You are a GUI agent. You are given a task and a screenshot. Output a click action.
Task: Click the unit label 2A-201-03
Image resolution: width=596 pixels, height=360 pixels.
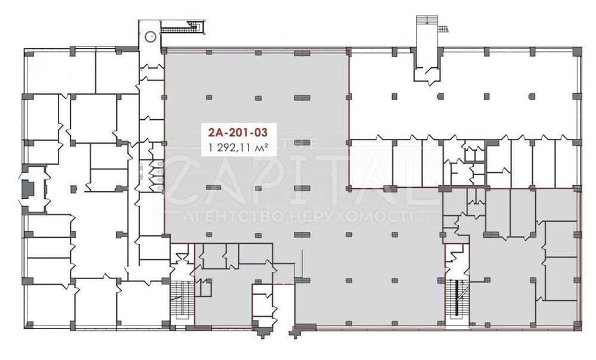coord(238,132)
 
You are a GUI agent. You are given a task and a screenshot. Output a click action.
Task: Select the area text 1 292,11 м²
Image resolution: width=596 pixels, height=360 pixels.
coord(238,147)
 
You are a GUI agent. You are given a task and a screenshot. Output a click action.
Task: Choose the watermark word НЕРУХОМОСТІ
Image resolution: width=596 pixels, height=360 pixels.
coord(351,217)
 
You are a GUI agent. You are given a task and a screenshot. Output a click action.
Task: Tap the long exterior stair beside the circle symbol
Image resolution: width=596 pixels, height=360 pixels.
coord(181,27)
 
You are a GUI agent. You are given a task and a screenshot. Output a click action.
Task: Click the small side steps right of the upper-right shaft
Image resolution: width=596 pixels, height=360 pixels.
coord(443,30)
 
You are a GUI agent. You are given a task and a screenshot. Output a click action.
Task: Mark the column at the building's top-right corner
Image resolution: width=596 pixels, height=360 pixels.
coord(577,51)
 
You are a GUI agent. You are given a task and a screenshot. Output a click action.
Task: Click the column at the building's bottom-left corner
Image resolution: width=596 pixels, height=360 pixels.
coord(29,325)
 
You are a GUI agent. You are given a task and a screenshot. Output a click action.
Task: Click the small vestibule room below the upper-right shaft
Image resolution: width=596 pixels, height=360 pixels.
coord(427,74)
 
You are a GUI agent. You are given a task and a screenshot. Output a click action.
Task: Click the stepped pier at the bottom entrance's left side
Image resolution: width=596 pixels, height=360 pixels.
coord(262,331)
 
